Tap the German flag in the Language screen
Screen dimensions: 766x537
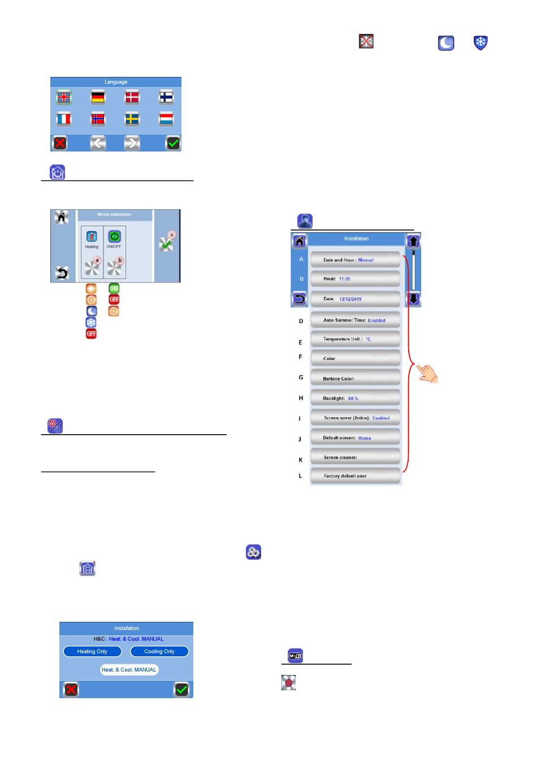coord(98,97)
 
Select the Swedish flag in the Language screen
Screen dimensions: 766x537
coord(132,119)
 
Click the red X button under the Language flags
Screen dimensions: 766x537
coord(60,143)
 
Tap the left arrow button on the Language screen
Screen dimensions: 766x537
coord(98,143)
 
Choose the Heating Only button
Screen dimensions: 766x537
coord(92,651)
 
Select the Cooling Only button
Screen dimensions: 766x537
coord(159,651)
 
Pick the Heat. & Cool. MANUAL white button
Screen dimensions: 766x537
coord(129,670)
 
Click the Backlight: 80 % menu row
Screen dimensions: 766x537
coord(355,398)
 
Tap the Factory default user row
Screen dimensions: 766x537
coord(355,476)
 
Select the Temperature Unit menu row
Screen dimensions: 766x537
coord(355,339)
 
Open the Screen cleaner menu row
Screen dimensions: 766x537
coord(355,457)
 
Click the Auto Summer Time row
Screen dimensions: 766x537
coord(355,320)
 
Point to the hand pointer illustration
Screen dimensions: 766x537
coord(428,373)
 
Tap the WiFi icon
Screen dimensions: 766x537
coord(295,656)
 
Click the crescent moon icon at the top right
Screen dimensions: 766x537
coord(446,43)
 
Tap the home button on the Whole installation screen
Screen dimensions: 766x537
coord(62,218)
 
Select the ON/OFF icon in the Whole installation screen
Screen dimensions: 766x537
coord(114,237)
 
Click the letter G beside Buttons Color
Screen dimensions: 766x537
coord(301,378)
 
